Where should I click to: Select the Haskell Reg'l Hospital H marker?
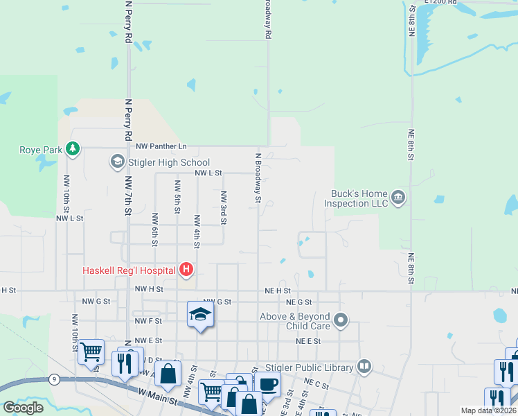pyautogui.click(x=186, y=270)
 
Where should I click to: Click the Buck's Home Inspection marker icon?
pyautogui.click(x=398, y=198)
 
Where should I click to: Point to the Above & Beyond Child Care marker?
pyautogui.click(x=341, y=320)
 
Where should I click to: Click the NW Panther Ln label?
pyautogui.click(x=161, y=146)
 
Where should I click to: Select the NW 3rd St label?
pyautogui.click(x=224, y=209)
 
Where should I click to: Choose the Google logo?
pyautogui.click(x=24, y=408)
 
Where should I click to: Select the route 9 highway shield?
pyautogui.click(x=53, y=379)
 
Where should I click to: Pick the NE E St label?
pyautogui.click(x=308, y=342)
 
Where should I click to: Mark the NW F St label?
pyautogui.click(x=148, y=321)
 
